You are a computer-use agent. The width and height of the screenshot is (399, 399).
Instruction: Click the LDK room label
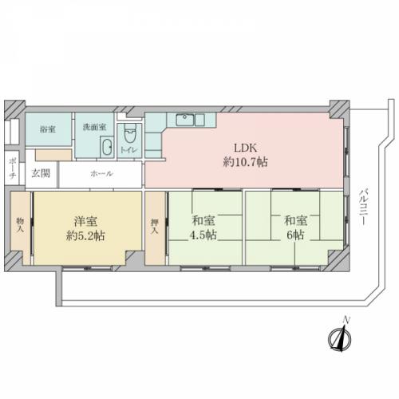(x=245, y=148)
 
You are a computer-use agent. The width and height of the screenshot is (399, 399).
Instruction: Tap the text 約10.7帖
(x=245, y=162)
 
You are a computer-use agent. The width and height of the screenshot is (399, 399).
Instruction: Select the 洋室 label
(x=85, y=221)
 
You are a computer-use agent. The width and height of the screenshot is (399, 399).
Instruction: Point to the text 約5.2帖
(x=85, y=235)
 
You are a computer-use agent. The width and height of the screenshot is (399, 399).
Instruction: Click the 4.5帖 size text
(x=203, y=235)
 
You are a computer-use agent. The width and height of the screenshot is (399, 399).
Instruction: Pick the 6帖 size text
(x=295, y=235)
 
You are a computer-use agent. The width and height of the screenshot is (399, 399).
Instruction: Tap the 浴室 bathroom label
(x=48, y=129)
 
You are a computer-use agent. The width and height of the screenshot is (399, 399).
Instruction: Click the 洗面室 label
(x=94, y=127)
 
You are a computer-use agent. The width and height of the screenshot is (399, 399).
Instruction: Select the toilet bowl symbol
(x=130, y=134)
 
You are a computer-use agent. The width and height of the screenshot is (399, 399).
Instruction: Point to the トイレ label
(x=129, y=150)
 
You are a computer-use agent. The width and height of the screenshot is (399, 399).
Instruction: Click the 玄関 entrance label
(x=41, y=173)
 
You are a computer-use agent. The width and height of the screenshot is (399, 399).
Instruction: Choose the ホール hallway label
(x=101, y=174)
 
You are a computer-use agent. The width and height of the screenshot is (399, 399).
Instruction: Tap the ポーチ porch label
(x=12, y=168)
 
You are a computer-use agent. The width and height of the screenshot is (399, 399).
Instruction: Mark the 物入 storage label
(x=20, y=225)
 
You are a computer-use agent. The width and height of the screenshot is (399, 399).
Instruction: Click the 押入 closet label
(x=155, y=226)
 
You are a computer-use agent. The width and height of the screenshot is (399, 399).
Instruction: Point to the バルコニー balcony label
(x=364, y=207)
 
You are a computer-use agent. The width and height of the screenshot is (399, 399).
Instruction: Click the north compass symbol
(x=340, y=339)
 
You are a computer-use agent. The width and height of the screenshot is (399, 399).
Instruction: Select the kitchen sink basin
(x=184, y=120)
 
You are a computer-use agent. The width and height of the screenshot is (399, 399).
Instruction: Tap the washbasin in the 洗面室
(x=107, y=147)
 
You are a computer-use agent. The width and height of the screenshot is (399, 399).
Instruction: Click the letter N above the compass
(x=346, y=320)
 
